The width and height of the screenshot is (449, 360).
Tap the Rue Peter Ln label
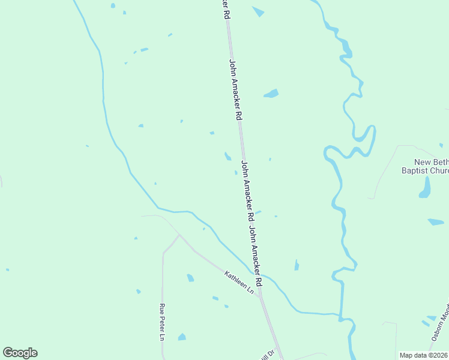click(161, 323)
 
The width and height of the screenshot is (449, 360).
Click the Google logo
click(20, 353)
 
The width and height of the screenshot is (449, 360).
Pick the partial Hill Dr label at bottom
click(268, 354)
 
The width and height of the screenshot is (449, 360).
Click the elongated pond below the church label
click(425, 187)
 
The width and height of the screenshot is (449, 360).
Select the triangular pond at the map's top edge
click(259, 11)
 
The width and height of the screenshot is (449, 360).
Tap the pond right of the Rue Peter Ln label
click(182, 337)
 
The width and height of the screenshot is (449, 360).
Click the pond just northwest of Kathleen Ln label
click(190, 278)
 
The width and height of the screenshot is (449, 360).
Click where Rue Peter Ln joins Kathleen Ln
click(178, 236)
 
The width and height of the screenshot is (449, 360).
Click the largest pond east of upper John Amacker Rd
click(271, 94)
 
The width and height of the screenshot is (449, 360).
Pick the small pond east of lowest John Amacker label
click(297, 265)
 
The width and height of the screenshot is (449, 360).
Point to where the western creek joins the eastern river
click(340, 314)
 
